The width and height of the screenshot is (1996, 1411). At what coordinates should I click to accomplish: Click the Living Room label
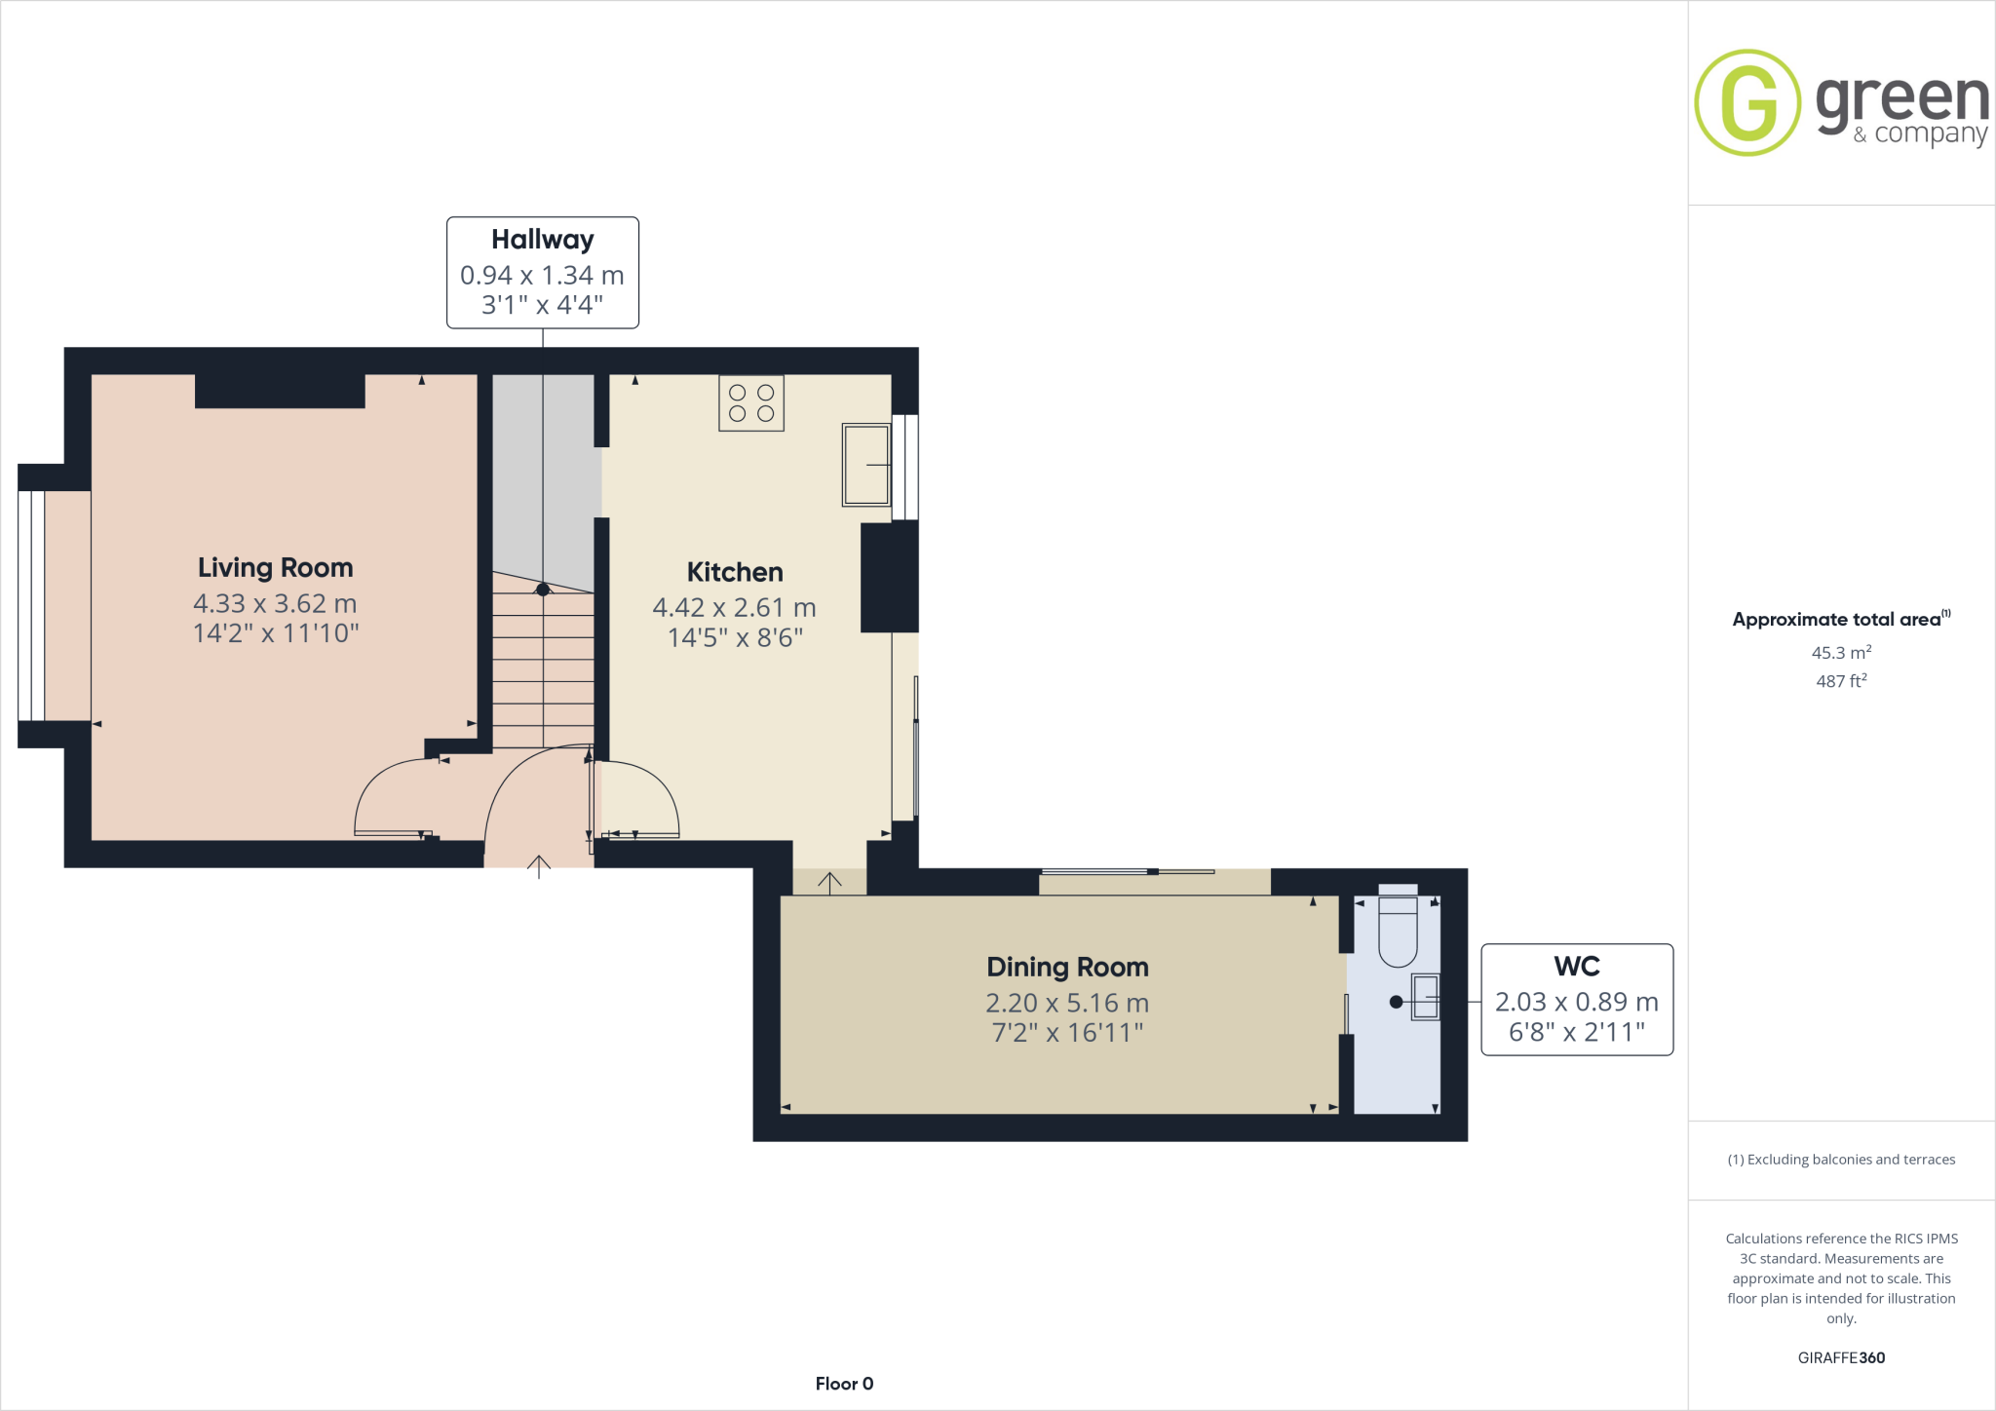pos(275,567)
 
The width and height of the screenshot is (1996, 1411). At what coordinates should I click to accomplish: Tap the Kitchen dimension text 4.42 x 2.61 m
pos(734,607)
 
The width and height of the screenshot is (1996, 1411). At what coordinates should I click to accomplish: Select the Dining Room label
pos(1067,967)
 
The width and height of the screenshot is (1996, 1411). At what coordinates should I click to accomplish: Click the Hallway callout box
pos(542,272)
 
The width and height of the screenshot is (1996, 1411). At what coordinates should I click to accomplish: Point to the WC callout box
pos(1576,999)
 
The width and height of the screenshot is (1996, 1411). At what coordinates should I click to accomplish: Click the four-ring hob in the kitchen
pos(750,402)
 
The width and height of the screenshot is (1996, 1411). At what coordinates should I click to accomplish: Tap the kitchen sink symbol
pos(866,465)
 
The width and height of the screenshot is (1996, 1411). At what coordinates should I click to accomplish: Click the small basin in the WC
pos(1425,997)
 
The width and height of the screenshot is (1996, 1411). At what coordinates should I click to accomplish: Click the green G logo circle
pos(1747,102)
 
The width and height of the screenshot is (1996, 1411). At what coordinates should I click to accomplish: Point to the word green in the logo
pos(1901,100)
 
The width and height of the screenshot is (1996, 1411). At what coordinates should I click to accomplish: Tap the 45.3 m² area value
pos(1841,652)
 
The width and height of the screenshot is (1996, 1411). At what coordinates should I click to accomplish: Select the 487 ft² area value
pos(1841,681)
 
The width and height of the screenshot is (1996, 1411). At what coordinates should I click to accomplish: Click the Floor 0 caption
pos(844,1384)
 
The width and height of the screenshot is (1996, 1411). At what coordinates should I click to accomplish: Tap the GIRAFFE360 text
pos(1841,1357)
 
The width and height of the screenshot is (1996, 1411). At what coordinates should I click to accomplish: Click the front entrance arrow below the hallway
pos(539,865)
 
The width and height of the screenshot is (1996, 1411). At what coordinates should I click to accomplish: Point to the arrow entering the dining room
pos(829,883)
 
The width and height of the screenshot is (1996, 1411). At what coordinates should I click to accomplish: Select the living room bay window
pos(31,605)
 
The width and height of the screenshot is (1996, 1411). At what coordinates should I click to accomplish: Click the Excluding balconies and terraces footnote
pos(1841,1160)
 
